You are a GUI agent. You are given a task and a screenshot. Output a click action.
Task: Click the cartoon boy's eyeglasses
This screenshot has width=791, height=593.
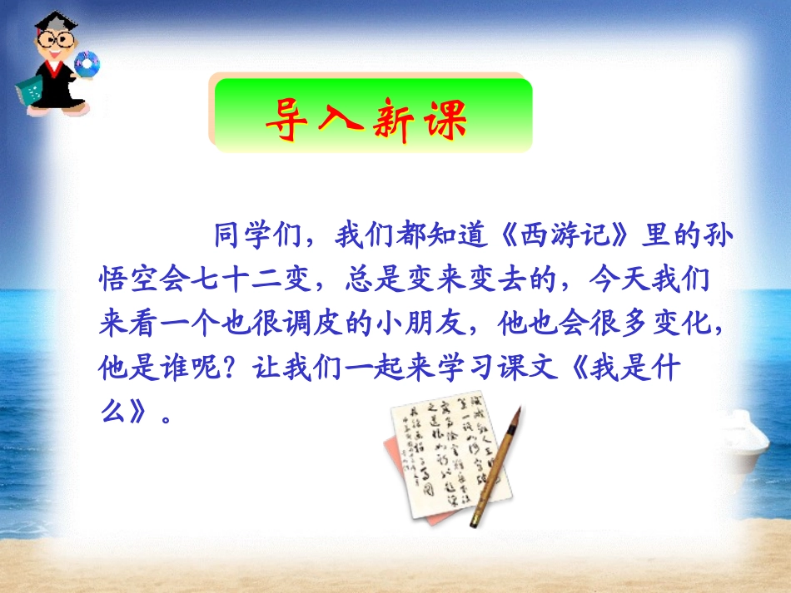49,40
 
